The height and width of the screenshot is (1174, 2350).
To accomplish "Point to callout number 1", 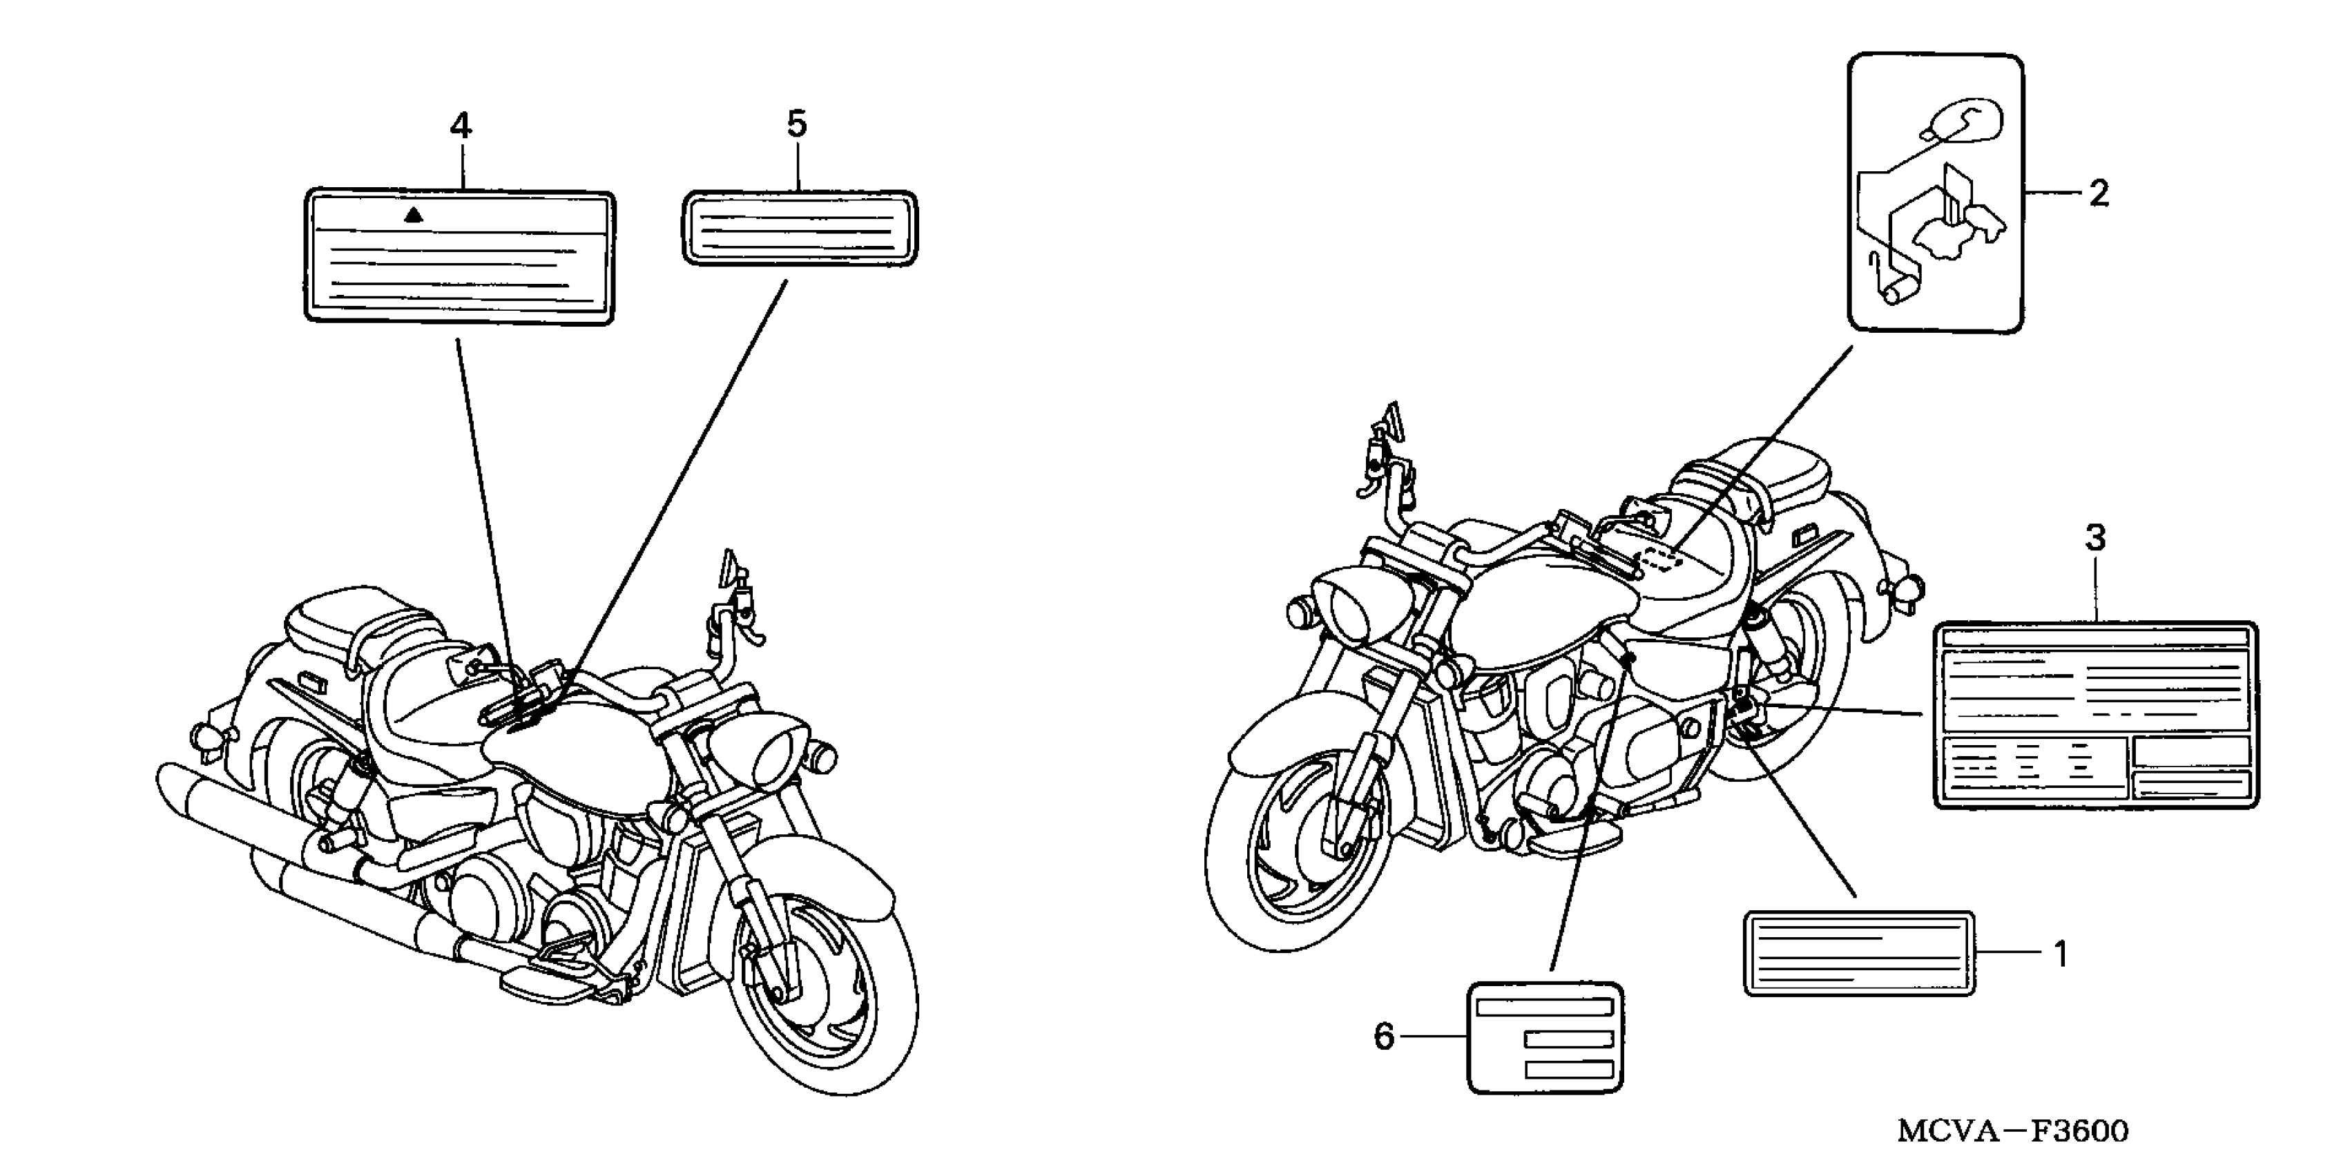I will (2060, 954).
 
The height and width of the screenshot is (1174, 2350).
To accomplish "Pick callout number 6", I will (1384, 1037).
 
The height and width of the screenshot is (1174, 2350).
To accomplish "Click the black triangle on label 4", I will (414, 215).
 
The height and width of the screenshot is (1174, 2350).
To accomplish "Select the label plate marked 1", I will (1858, 953).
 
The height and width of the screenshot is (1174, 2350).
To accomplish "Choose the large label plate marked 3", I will (2095, 715).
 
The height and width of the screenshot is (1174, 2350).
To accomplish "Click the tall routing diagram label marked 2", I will (1935, 193).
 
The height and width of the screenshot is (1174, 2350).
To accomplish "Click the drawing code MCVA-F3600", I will (2012, 1131).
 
